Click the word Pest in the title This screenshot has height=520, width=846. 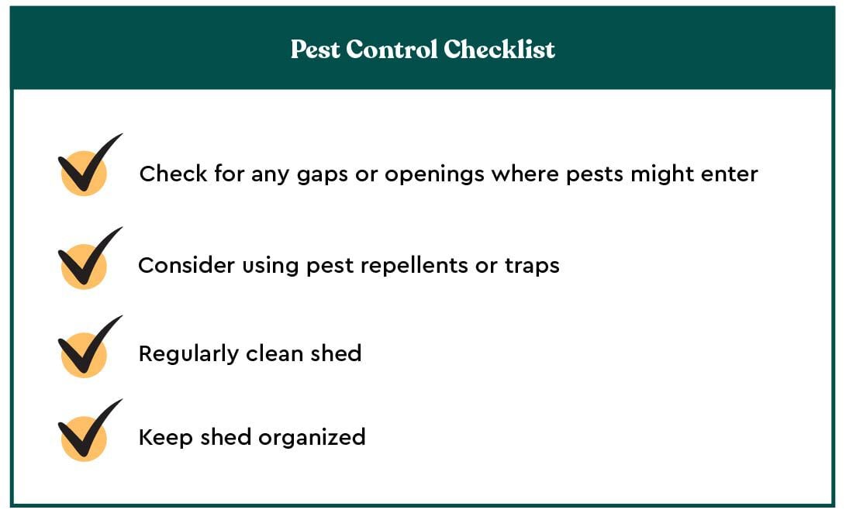tap(316, 49)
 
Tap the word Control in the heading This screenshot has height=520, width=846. tap(392, 49)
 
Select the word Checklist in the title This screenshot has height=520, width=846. tap(499, 49)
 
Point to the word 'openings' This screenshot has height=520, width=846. tap(434, 175)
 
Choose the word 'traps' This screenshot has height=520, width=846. tap(532, 267)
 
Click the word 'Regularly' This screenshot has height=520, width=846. tap(188, 354)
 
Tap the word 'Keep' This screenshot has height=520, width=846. tap(166, 438)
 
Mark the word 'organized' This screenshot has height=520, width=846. tap(312, 438)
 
